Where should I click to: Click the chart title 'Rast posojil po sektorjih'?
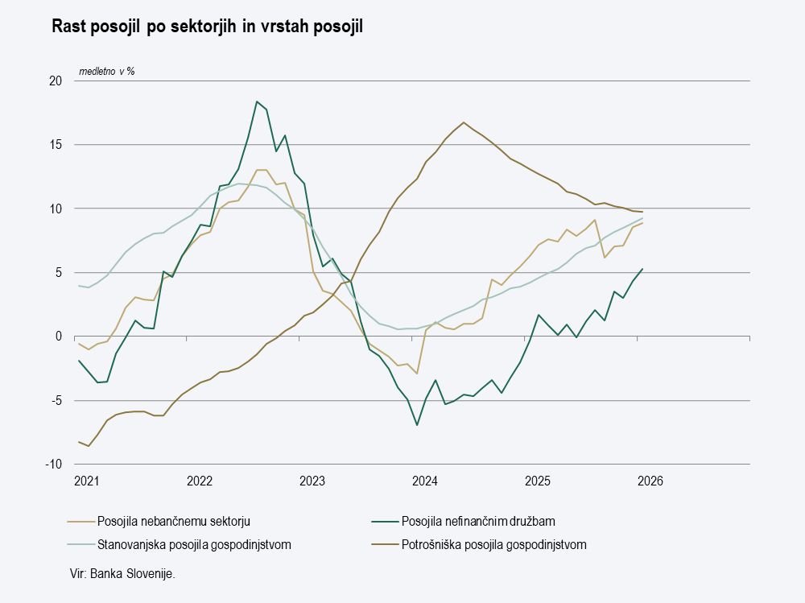tap(208, 27)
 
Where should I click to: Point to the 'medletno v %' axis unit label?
tap(106, 72)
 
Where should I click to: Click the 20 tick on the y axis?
tap(56, 81)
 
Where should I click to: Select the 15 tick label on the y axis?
tap(56, 145)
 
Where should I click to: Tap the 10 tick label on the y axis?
tap(56, 209)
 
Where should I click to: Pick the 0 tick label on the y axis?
tap(59, 337)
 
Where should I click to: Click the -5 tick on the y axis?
tap(56, 401)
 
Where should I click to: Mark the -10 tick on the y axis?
tap(54, 465)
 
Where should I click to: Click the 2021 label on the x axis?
tap(86, 481)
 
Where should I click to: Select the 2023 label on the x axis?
tap(312, 481)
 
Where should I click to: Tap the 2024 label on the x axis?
tap(424, 481)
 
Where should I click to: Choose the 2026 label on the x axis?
tap(650, 481)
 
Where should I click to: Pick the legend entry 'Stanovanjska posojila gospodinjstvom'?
tap(193, 544)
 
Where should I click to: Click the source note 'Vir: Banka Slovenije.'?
tap(122, 573)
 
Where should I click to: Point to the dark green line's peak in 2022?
tap(257, 101)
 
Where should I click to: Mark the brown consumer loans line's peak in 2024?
tap(464, 122)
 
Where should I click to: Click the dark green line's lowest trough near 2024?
tap(417, 424)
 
